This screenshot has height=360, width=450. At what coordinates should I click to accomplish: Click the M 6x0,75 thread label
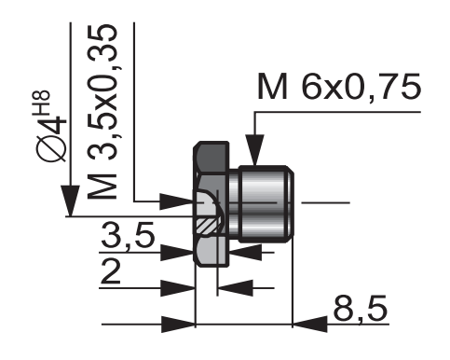339,87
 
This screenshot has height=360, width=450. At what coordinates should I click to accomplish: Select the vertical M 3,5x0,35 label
102,112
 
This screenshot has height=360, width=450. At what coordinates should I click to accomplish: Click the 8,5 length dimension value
361,309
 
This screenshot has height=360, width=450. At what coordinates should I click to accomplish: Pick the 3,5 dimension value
128,235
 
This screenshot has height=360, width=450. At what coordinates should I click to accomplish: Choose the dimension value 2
111,271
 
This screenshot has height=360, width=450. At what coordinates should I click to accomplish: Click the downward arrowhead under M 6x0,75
254,149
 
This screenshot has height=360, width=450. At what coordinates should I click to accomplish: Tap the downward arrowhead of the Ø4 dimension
70,201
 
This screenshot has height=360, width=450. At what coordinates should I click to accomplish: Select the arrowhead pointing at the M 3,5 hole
176,202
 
